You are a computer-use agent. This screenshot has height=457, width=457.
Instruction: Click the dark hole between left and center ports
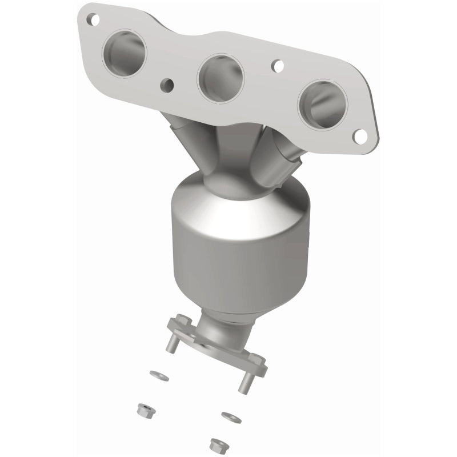click(x=167, y=85)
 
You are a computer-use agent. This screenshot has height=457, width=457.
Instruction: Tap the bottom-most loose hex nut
click(x=217, y=443)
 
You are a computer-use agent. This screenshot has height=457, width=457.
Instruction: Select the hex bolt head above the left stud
click(x=181, y=318)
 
